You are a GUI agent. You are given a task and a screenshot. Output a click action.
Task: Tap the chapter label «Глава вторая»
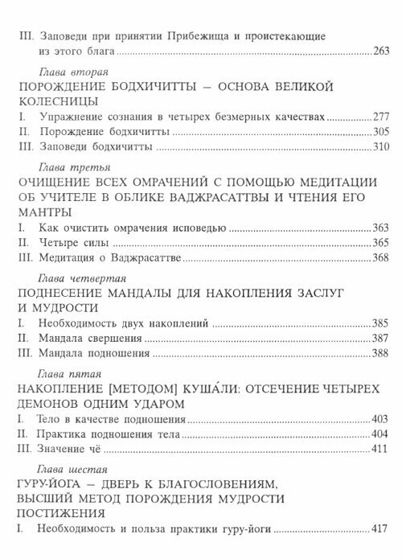coord(65,72)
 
